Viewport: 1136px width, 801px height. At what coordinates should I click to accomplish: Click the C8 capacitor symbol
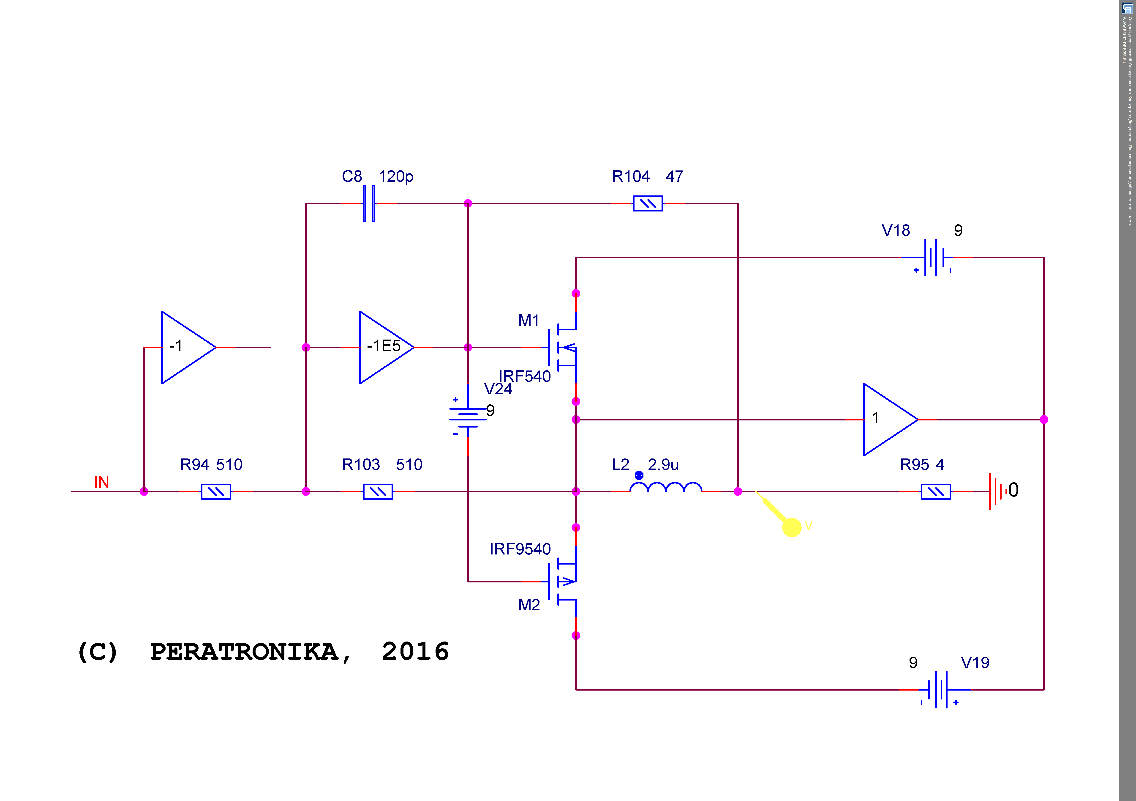click(x=369, y=203)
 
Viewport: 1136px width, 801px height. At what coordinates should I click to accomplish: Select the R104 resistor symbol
click(x=648, y=203)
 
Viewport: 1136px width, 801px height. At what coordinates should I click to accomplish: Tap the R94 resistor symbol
click(x=216, y=492)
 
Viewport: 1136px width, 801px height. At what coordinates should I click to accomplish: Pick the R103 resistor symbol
click(x=378, y=492)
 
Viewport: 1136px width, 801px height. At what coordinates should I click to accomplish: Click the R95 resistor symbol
click(x=936, y=492)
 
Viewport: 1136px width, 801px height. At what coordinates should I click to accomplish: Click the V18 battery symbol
click(x=937, y=258)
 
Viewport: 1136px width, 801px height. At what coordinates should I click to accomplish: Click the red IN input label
click(x=101, y=482)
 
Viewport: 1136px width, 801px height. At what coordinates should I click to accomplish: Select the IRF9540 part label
click(x=520, y=549)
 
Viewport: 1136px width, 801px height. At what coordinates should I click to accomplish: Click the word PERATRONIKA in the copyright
click(x=244, y=651)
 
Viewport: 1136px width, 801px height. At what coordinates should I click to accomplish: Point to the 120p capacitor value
click(x=396, y=176)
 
